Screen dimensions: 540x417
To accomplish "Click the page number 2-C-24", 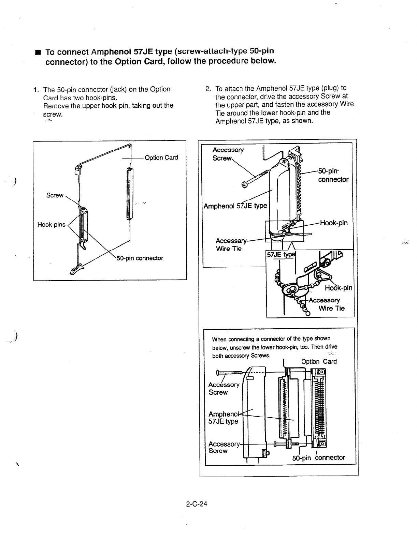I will click(x=197, y=504).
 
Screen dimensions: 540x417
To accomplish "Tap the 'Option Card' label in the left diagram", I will click(x=161, y=157).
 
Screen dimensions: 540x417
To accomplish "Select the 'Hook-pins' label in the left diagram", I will click(x=51, y=224).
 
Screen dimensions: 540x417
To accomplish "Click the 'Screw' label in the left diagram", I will click(x=55, y=195).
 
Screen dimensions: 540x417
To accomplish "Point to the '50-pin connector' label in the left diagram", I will click(x=140, y=258).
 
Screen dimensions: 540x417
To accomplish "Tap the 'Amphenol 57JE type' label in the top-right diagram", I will click(x=235, y=206).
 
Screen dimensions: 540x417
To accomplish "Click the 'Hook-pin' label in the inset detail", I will click(x=338, y=288).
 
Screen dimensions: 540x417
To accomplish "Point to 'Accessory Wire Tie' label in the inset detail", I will click(x=326, y=304).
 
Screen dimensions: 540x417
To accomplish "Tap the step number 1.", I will click(x=35, y=90).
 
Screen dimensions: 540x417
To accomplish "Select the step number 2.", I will click(x=207, y=89).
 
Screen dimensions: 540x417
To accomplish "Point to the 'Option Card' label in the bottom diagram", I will click(x=319, y=361).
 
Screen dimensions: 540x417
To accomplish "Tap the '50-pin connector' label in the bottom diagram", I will click(x=319, y=457).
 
